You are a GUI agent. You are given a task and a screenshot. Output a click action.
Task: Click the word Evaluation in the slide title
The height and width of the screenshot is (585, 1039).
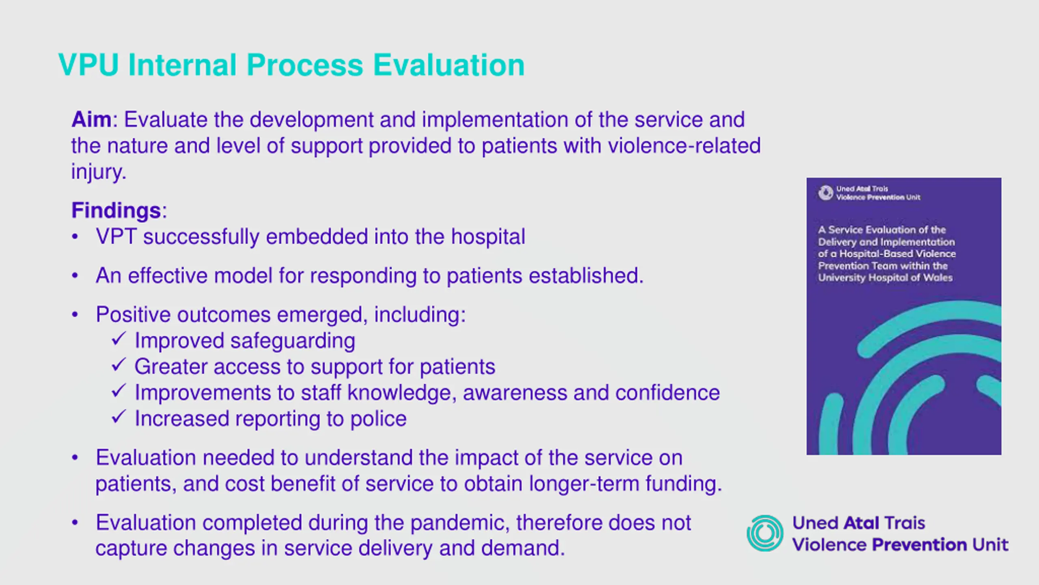(x=448, y=65)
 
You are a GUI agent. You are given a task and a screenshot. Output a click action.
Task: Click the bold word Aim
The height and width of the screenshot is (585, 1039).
(x=91, y=119)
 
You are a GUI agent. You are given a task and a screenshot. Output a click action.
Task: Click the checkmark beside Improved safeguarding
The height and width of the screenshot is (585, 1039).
(x=119, y=339)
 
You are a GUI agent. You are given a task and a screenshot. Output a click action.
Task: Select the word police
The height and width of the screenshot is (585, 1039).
(x=378, y=419)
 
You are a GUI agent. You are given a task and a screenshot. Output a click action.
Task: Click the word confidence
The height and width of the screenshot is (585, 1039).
(x=667, y=393)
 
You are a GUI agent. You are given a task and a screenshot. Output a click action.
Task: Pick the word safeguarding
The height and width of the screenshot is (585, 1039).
(x=293, y=341)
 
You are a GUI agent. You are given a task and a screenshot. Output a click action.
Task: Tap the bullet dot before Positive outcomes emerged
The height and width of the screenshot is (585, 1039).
(x=75, y=315)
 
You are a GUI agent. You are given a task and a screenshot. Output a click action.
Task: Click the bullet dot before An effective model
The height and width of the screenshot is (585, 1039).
(x=75, y=276)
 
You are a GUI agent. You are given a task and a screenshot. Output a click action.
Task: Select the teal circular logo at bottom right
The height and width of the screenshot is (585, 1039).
(x=765, y=533)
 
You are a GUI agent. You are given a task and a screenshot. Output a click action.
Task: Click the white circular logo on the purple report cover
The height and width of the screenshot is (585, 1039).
(x=825, y=193)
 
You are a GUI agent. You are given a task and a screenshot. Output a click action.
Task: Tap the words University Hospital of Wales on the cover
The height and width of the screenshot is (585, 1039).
(x=885, y=278)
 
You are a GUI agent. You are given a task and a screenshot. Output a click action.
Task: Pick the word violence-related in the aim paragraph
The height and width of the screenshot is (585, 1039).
(x=684, y=146)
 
